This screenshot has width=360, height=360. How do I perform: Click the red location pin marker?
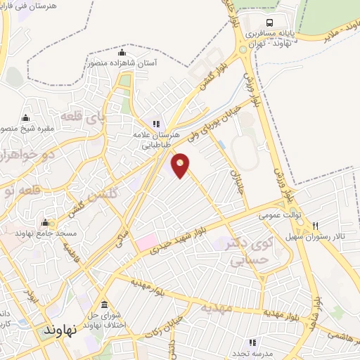coord(181,165)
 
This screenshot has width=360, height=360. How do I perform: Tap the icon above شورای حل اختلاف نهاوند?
coord(105,304)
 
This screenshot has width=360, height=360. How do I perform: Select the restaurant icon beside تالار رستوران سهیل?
coord(316,226)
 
